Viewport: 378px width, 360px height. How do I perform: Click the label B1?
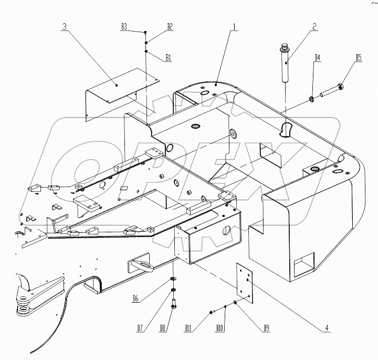(169, 58)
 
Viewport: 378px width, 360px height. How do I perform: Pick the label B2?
(170, 26)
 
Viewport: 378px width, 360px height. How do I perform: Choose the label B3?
(124, 26)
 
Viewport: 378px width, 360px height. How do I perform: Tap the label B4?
(317, 58)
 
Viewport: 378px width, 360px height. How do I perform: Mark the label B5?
(359, 58)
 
